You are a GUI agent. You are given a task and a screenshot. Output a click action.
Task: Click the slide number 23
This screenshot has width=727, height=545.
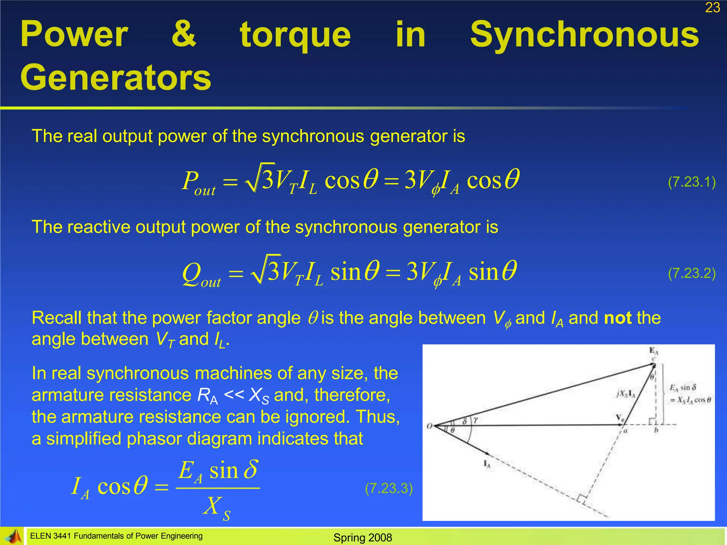pyautogui.click(x=712, y=7)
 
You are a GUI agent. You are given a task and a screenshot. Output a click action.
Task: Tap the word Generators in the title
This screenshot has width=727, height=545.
pyautogui.click(x=116, y=77)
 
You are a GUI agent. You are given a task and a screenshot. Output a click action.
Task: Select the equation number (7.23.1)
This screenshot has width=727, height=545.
pyautogui.click(x=692, y=182)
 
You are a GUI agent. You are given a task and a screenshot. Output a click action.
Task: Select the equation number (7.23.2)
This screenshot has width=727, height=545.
pyautogui.click(x=692, y=273)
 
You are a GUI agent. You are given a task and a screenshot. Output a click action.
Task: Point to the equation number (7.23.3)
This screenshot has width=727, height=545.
pyautogui.click(x=389, y=489)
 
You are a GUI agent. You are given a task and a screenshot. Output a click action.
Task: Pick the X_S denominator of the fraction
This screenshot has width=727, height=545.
pyautogui.click(x=217, y=507)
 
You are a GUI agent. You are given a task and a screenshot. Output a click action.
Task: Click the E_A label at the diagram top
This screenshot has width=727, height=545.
pyautogui.click(x=654, y=351)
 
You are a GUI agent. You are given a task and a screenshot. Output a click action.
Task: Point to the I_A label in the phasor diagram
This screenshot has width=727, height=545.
pyautogui.click(x=487, y=463)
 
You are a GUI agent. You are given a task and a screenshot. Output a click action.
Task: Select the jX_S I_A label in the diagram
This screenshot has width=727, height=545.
pyautogui.click(x=626, y=393)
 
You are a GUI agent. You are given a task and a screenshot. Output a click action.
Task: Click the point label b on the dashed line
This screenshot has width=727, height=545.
pyautogui.click(x=656, y=430)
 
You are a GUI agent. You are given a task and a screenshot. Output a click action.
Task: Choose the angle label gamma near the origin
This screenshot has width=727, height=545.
pyautogui.click(x=476, y=420)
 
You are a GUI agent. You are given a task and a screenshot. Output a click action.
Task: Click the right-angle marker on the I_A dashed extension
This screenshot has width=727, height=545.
pyautogui.click(x=581, y=499)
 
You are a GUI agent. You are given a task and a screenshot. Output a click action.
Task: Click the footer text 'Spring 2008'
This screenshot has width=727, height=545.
pyautogui.click(x=362, y=538)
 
